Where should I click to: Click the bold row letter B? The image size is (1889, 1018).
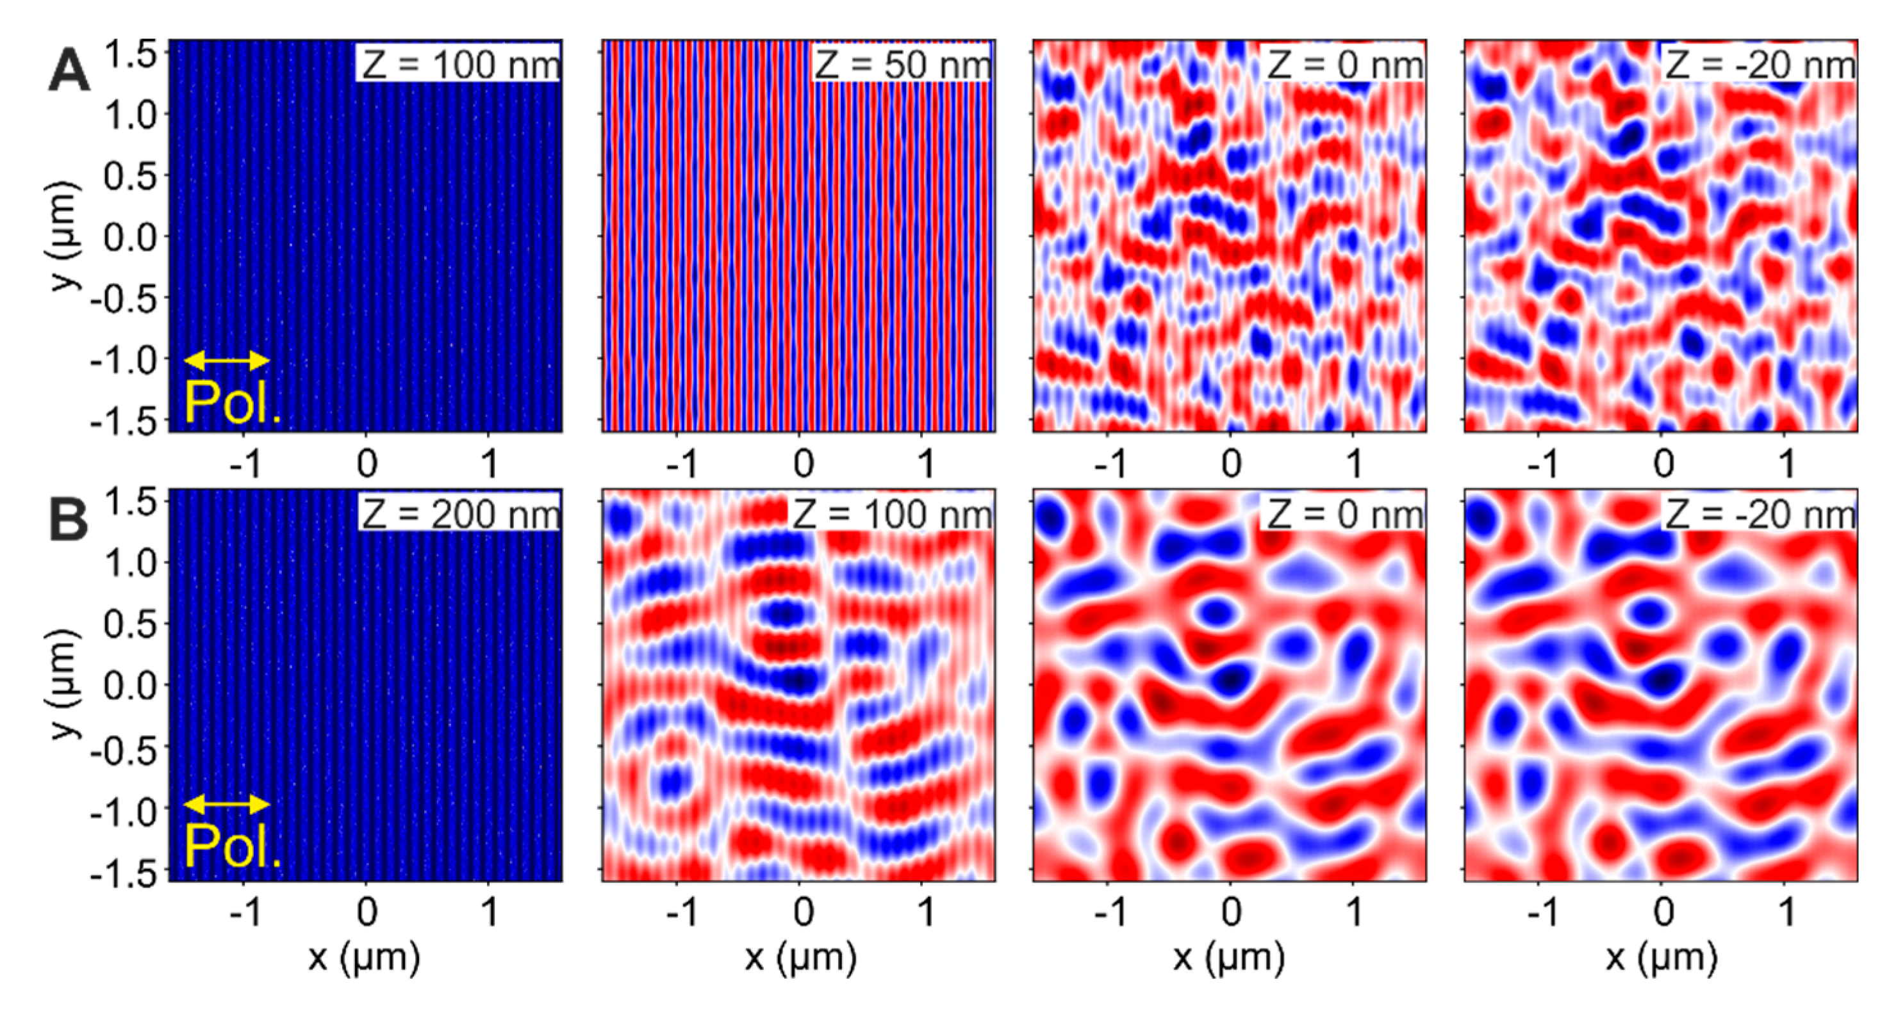pos(68,521)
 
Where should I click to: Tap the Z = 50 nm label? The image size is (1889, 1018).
pos(903,65)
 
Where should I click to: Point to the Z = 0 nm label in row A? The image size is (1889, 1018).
pos(1345,65)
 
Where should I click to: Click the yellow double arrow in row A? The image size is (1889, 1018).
pos(227,360)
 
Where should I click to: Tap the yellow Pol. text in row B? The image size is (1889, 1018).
pos(232,846)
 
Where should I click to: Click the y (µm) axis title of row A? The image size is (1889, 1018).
pos(64,236)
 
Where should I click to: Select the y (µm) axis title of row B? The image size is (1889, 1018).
pos(64,684)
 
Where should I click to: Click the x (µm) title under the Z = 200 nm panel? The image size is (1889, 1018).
pos(365,957)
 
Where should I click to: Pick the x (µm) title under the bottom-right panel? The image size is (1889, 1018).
pos(1662,957)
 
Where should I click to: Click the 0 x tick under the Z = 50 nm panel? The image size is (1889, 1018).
pos(804,463)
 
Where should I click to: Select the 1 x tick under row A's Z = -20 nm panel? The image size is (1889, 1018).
pos(1787,463)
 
